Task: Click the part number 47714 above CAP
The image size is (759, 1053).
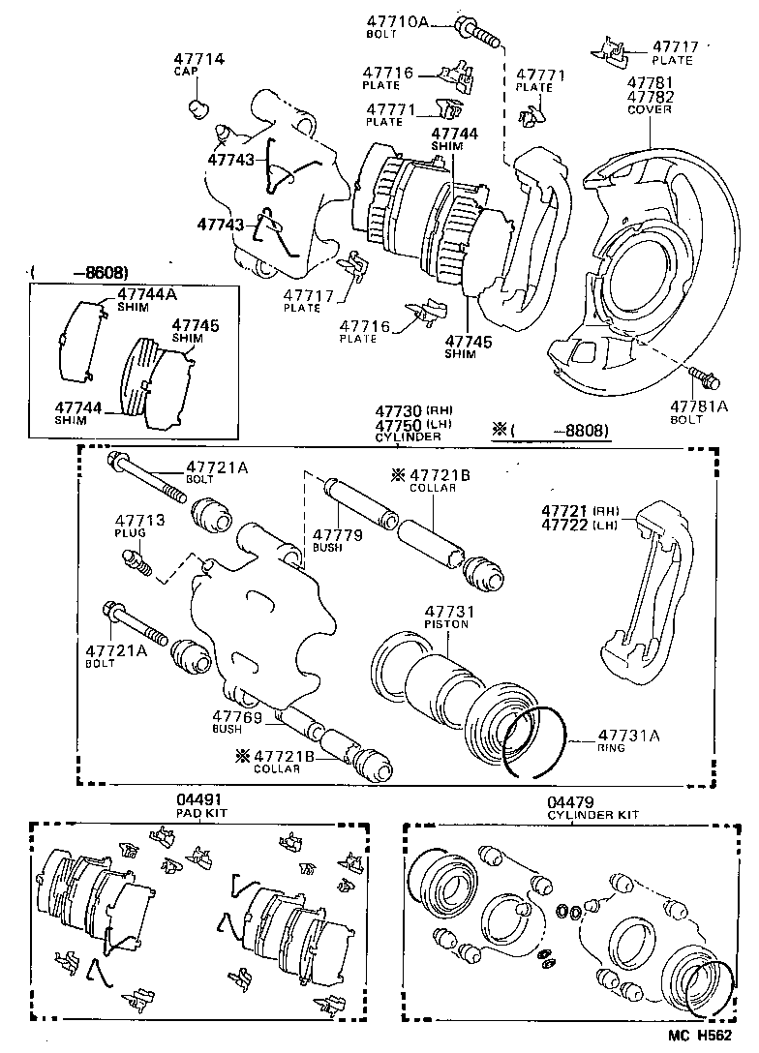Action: (198, 59)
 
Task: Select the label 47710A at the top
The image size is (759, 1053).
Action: (397, 21)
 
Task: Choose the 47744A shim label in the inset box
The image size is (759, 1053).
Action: (148, 293)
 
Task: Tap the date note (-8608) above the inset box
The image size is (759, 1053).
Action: (80, 273)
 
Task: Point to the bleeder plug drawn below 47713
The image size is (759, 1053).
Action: (136, 561)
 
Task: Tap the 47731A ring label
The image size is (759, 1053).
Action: (627, 736)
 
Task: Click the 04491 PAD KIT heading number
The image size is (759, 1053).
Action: (197, 800)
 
